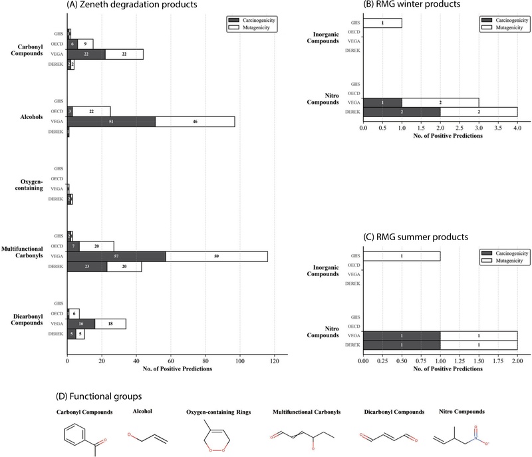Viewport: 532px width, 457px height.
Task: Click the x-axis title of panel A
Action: pos(177,360)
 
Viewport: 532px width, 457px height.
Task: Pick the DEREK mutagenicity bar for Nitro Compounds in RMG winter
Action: pos(478,112)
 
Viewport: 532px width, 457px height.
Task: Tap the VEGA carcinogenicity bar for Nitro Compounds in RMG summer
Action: pos(402,336)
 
